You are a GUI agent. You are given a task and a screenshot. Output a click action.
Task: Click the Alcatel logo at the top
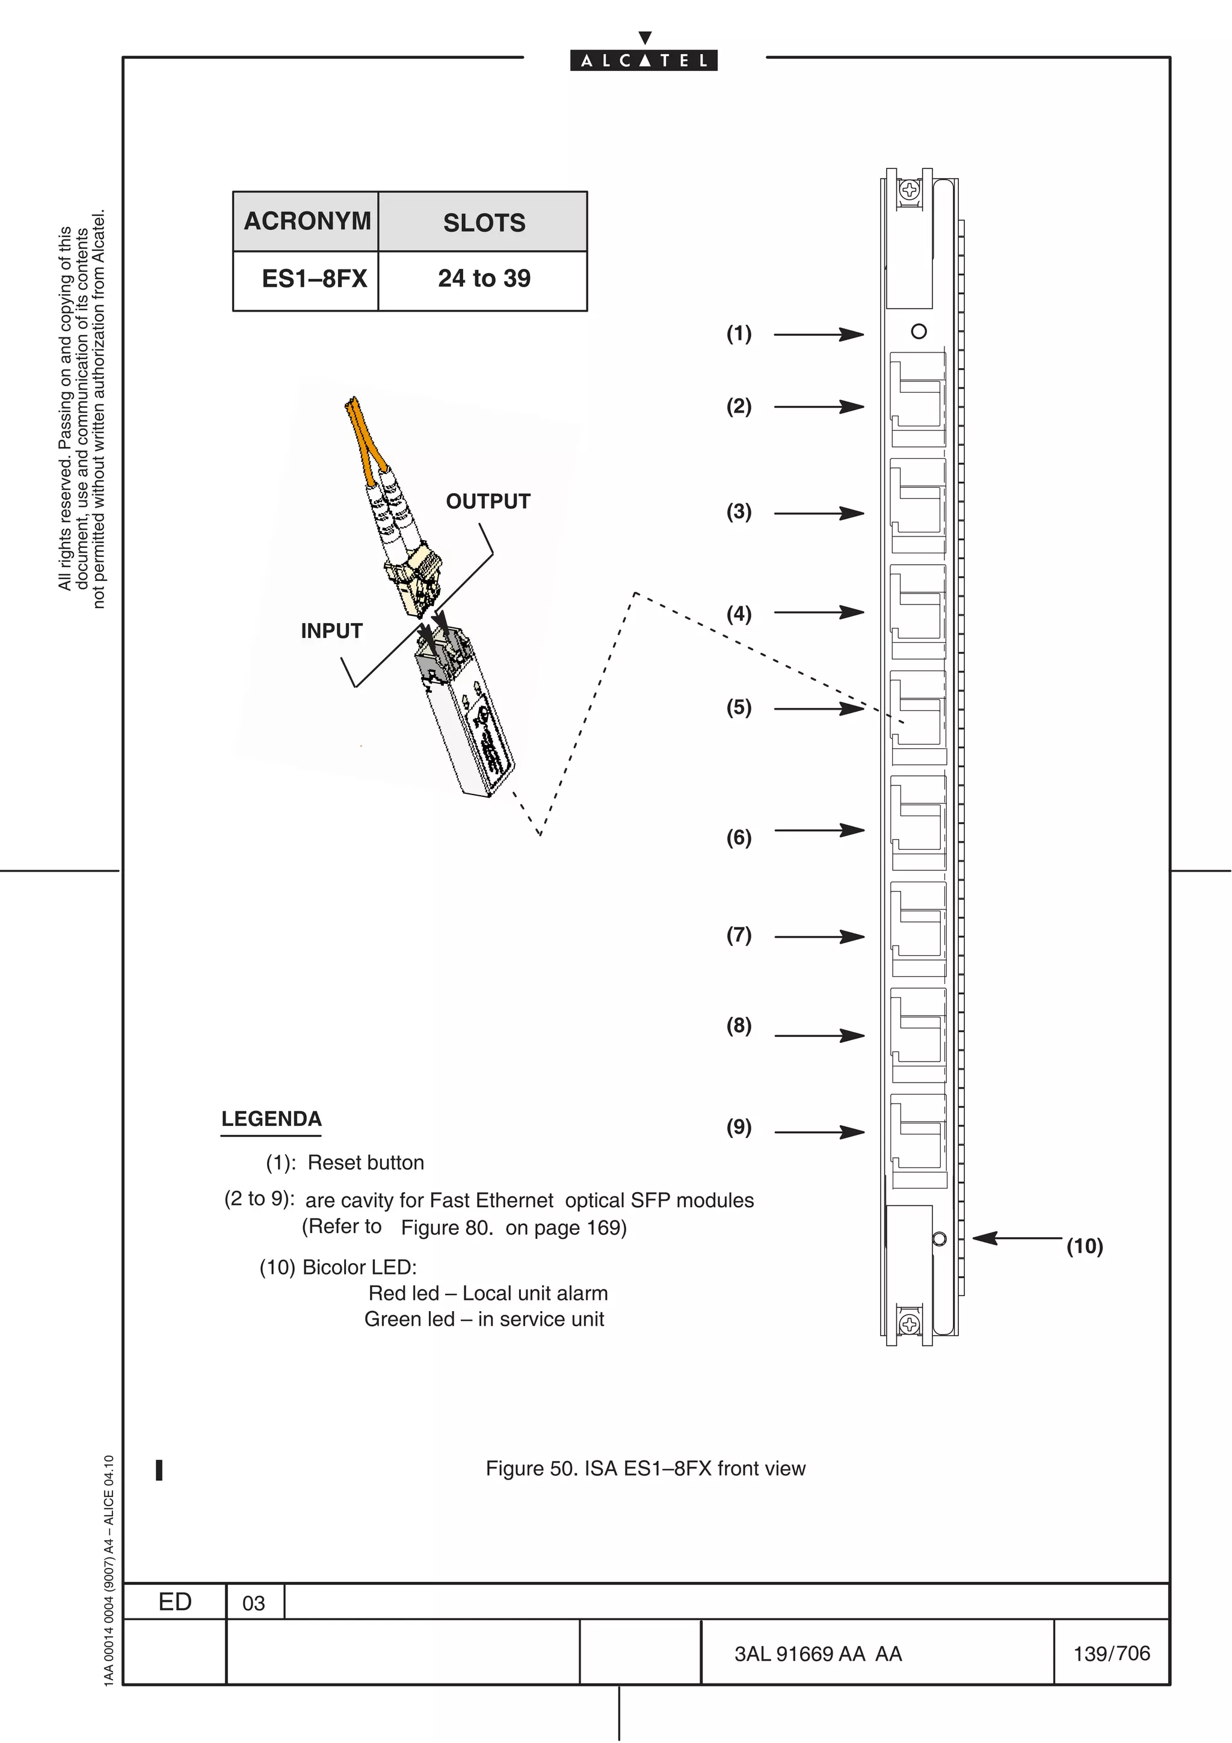[644, 60]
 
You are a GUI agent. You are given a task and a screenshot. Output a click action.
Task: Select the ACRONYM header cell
[306, 222]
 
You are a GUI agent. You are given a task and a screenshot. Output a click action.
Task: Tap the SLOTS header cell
[484, 223]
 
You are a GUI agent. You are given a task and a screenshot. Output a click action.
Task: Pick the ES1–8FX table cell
[313, 279]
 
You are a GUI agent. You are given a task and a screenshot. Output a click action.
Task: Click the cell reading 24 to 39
[484, 278]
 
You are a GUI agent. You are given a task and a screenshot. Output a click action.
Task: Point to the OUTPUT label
[487, 502]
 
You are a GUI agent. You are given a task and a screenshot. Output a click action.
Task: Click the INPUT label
[331, 631]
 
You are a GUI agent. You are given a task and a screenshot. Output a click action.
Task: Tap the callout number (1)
[739, 334]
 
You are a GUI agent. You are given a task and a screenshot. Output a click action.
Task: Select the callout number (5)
[739, 709]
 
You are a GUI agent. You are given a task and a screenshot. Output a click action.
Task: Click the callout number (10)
[1084, 1247]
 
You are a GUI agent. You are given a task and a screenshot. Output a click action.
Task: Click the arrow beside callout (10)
[1017, 1238]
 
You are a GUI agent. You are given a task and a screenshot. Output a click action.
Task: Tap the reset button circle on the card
[919, 332]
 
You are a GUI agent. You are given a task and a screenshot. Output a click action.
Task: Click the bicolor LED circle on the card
[939, 1239]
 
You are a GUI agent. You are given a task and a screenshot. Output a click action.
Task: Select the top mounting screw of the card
[908, 189]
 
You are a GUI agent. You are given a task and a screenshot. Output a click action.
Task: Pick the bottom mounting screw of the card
[908, 1325]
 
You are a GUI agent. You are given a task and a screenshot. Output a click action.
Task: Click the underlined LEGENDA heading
[271, 1120]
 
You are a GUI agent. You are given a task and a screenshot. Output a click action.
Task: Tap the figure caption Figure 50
[645, 1469]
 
